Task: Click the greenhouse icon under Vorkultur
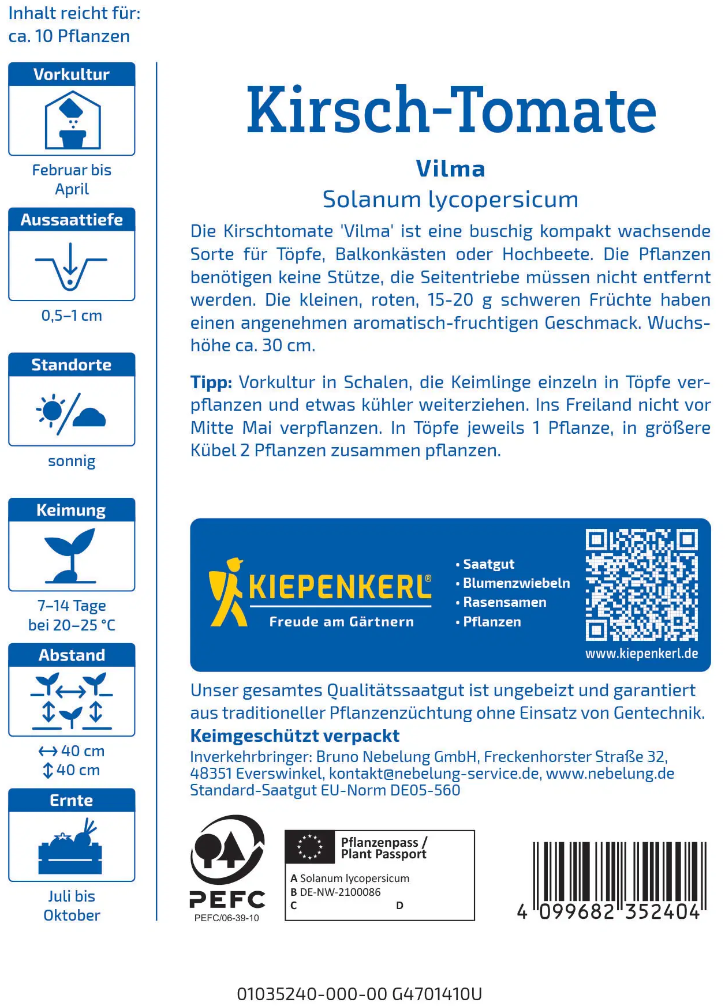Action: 72,122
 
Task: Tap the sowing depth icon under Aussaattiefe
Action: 71,266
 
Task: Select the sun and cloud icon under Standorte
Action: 71,412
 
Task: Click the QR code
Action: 641,584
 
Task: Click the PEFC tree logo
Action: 227,850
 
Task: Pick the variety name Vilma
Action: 450,168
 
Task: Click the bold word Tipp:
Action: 211,382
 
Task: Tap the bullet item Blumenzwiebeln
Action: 516,583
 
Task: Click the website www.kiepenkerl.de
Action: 641,654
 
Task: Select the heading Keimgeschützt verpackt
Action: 294,735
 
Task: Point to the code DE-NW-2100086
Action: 340,892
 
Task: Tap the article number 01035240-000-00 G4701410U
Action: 359,994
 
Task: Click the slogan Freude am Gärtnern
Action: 341,622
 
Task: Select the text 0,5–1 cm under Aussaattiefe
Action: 72,316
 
